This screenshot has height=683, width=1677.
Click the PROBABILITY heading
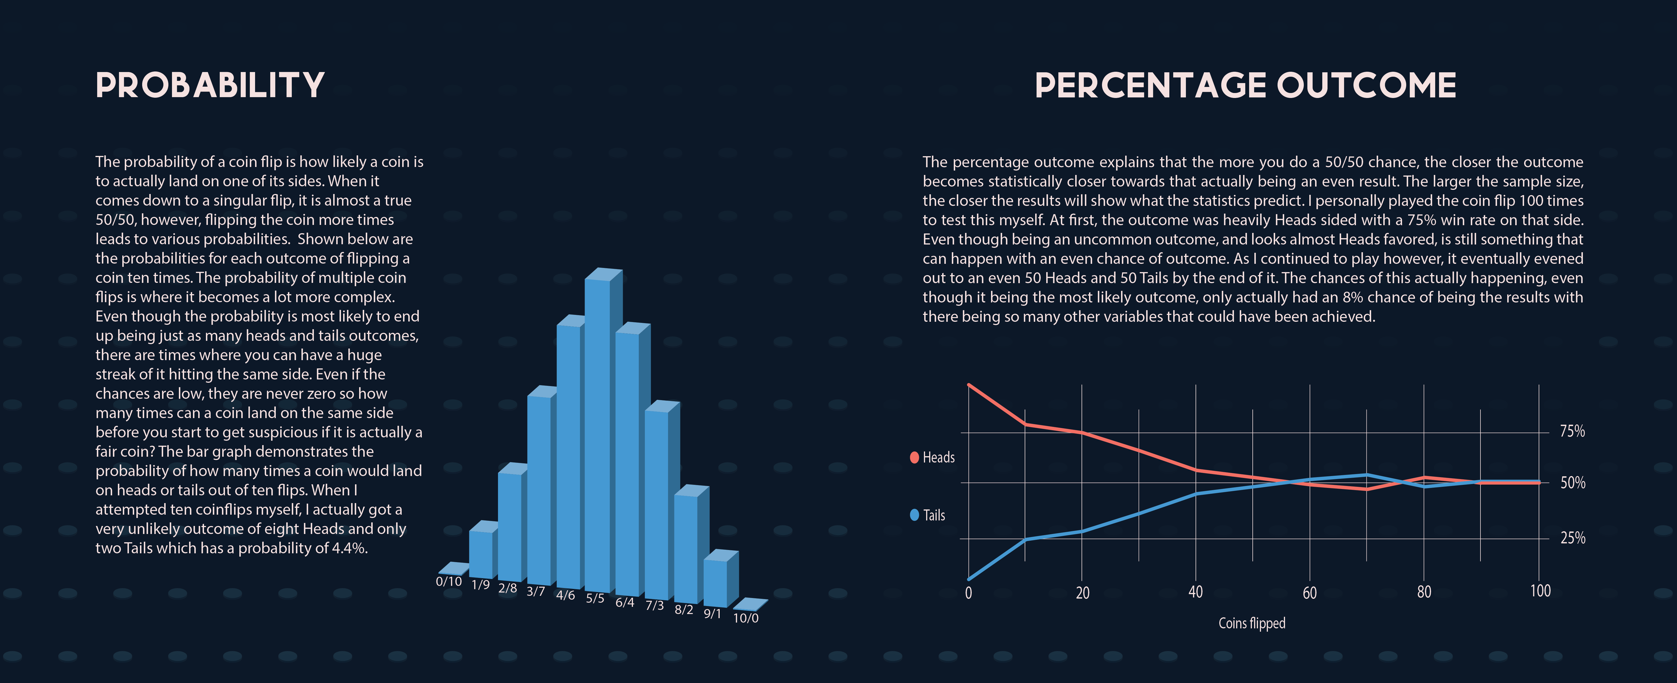tap(210, 85)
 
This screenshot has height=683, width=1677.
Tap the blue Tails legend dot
tap(914, 515)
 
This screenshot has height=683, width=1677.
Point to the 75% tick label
tap(1572, 431)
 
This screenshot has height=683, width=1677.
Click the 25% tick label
tap(1572, 538)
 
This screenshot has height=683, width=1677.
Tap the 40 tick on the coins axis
tap(1195, 592)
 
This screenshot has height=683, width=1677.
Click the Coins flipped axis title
tap(1251, 623)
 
